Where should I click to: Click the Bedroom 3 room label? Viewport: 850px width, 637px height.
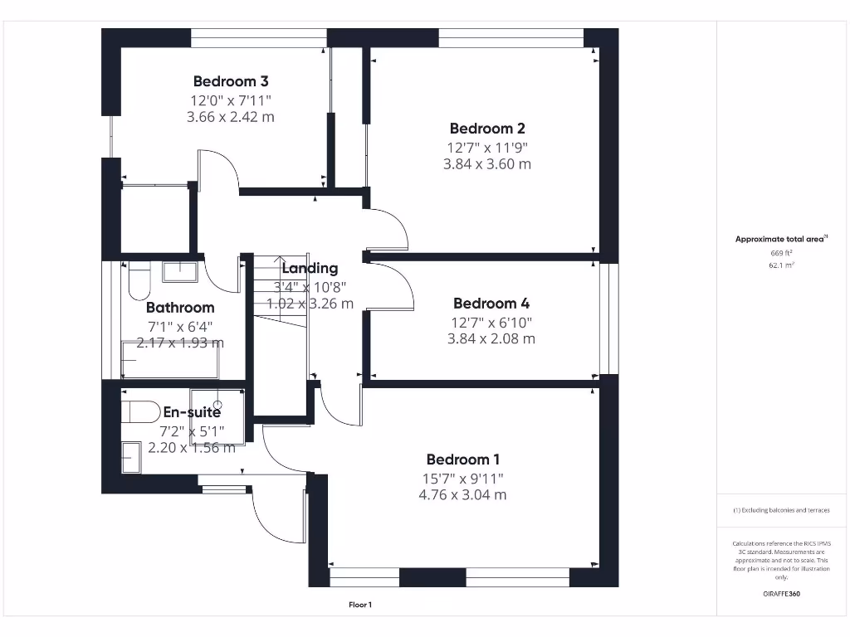click(231, 81)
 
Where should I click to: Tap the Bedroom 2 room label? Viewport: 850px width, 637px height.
click(487, 129)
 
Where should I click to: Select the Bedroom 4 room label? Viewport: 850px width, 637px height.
click(491, 304)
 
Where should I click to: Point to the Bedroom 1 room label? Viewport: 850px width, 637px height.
click(463, 460)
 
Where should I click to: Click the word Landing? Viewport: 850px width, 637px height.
click(310, 268)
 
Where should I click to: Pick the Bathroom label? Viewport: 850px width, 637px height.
click(180, 308)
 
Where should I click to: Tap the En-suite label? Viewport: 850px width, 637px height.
click(192, 412)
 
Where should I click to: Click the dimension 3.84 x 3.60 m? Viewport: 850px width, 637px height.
click(487, 164)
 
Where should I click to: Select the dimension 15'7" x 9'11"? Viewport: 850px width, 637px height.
click(463, 478)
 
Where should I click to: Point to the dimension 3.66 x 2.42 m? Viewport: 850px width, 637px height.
click(231, 117)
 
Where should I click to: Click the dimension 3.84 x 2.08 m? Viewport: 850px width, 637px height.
click(491, 338)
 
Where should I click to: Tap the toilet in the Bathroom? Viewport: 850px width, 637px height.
click(138, 280)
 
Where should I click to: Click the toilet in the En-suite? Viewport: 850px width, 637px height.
click(140, 411)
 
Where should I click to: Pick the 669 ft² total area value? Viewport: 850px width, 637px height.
click(781, 253)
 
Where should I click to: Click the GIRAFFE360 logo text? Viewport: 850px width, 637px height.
click(781, 594)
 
